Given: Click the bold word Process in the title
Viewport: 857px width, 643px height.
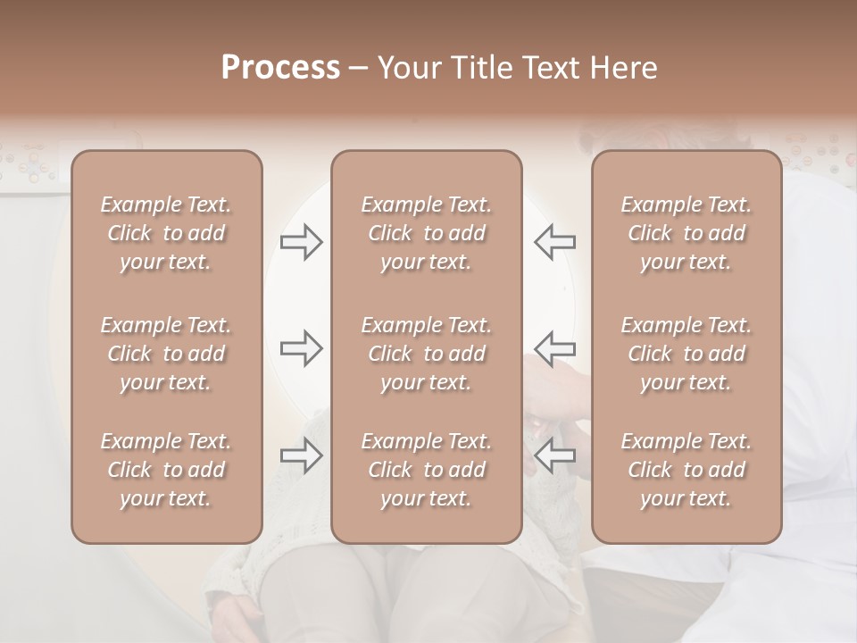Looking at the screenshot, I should [280, 68].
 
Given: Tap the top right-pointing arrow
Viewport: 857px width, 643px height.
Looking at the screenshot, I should [301, 242].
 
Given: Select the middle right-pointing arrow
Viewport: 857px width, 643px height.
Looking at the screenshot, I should [301, 347].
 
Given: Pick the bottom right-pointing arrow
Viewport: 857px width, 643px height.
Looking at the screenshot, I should [301, 456].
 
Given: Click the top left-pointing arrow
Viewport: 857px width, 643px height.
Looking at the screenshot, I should [555, 242].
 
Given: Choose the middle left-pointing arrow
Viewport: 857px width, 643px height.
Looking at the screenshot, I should [555, 347].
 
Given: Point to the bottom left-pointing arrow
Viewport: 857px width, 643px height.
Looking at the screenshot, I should [555, 456].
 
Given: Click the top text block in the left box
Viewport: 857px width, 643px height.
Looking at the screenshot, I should [166, 233].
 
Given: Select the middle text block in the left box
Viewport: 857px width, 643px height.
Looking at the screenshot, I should [166, 354].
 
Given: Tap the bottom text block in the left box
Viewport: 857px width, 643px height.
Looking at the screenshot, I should [166, 470].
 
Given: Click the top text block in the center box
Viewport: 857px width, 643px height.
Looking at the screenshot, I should [426, 233].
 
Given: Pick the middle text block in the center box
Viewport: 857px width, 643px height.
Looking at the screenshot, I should [426, 354].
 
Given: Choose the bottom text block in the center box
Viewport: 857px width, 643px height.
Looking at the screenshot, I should [426, 470].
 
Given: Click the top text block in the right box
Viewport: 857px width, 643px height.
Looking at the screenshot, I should [686, 233].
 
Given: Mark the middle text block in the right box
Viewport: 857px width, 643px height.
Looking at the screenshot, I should [686, 354].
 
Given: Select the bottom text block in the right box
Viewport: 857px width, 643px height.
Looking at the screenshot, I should [686, 470].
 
